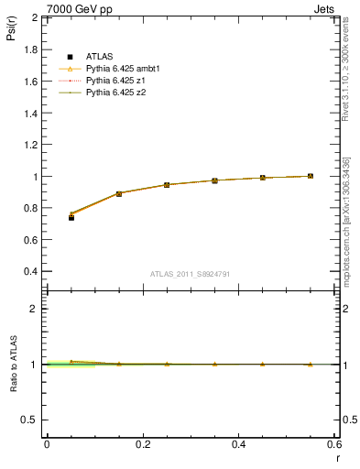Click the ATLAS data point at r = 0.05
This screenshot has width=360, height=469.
(x=71, y=217)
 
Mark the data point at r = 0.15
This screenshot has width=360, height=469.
(x=119, y=193)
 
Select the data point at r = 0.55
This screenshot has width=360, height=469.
(x=311, y=176)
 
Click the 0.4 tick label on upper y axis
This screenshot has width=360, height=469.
(x=31, y=271)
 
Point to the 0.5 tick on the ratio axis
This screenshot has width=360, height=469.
(x=31, y=420)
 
